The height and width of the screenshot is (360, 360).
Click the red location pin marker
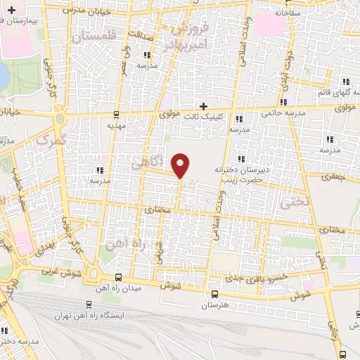coord(181,165)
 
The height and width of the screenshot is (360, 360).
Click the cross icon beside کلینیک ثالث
coord(204,105)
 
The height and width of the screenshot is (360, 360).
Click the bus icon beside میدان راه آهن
coord(117,277)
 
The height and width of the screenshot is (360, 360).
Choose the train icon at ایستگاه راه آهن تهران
coord(88,304)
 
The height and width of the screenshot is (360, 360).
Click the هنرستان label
coord(216,306)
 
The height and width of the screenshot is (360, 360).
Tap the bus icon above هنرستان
coord(215,295)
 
